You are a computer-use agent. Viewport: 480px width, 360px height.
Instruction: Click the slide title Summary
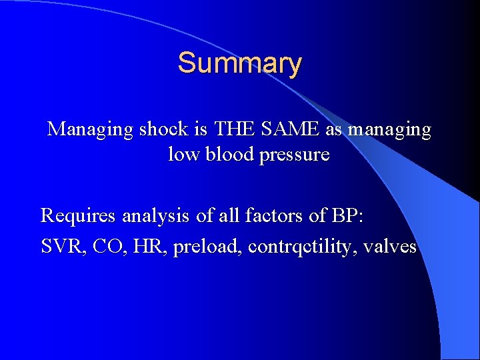(239, 63)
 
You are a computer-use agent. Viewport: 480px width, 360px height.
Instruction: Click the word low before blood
(181, 155)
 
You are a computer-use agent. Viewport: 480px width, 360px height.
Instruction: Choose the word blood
(223, 155)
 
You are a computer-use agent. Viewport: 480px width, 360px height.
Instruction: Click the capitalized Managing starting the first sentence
(90, 129)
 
